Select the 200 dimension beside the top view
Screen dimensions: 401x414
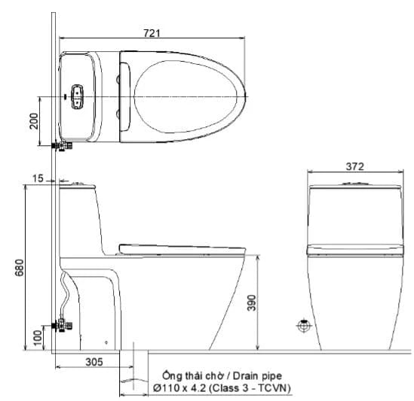34,121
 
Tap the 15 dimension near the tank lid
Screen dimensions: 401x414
39,179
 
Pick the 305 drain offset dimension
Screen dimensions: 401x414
93,362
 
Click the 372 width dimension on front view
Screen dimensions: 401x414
354,167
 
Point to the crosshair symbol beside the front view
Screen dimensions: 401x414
303,326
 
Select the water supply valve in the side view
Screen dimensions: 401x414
62,325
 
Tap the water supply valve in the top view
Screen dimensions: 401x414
62,144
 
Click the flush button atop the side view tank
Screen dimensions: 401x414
75,181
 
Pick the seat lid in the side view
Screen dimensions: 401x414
181,246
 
